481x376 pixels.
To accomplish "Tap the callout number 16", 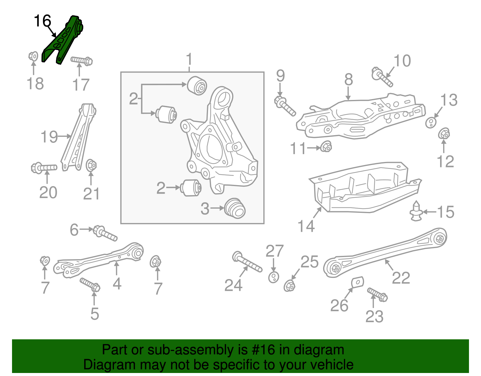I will point(42,21).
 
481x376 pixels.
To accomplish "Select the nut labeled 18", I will point(33,56).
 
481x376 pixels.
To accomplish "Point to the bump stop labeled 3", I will point(235,208).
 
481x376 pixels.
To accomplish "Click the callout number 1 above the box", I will point(189,59).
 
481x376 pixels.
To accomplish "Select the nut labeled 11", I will point(326,147).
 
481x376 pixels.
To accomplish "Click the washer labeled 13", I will point(431,122).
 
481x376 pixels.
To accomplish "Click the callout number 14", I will point(306,226).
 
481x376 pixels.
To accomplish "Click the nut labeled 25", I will point(290,285).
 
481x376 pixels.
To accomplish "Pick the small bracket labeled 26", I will point(358,282).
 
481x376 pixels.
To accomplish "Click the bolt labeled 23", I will point(378,294).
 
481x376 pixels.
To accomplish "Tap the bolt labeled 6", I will point(105,234).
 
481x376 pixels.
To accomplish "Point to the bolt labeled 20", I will point(44,167).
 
